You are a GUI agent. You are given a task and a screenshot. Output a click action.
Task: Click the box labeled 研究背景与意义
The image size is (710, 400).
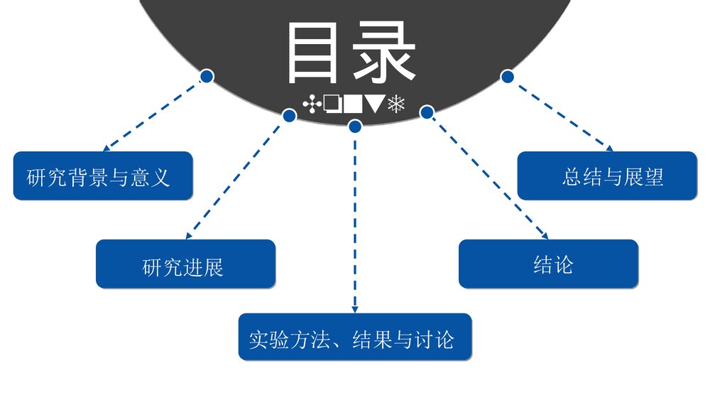103,175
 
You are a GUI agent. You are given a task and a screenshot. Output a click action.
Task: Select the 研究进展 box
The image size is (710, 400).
185,264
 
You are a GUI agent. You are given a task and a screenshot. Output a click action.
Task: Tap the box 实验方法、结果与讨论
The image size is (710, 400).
354,336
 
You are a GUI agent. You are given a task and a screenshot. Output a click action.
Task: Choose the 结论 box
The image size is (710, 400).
548,264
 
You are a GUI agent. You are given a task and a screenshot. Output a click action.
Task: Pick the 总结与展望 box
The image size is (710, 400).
607,175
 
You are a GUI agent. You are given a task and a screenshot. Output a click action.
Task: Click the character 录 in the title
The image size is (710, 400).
384,53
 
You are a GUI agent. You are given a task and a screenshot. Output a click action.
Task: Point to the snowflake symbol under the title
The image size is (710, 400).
396,104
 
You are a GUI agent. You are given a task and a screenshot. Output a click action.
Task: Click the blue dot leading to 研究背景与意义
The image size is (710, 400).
207,75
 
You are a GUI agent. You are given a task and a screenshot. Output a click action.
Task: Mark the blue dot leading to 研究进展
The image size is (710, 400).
289,114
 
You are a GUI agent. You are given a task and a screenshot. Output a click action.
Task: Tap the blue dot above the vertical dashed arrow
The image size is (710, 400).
355,126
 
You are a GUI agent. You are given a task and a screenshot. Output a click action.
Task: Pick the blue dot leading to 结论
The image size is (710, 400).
427,112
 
